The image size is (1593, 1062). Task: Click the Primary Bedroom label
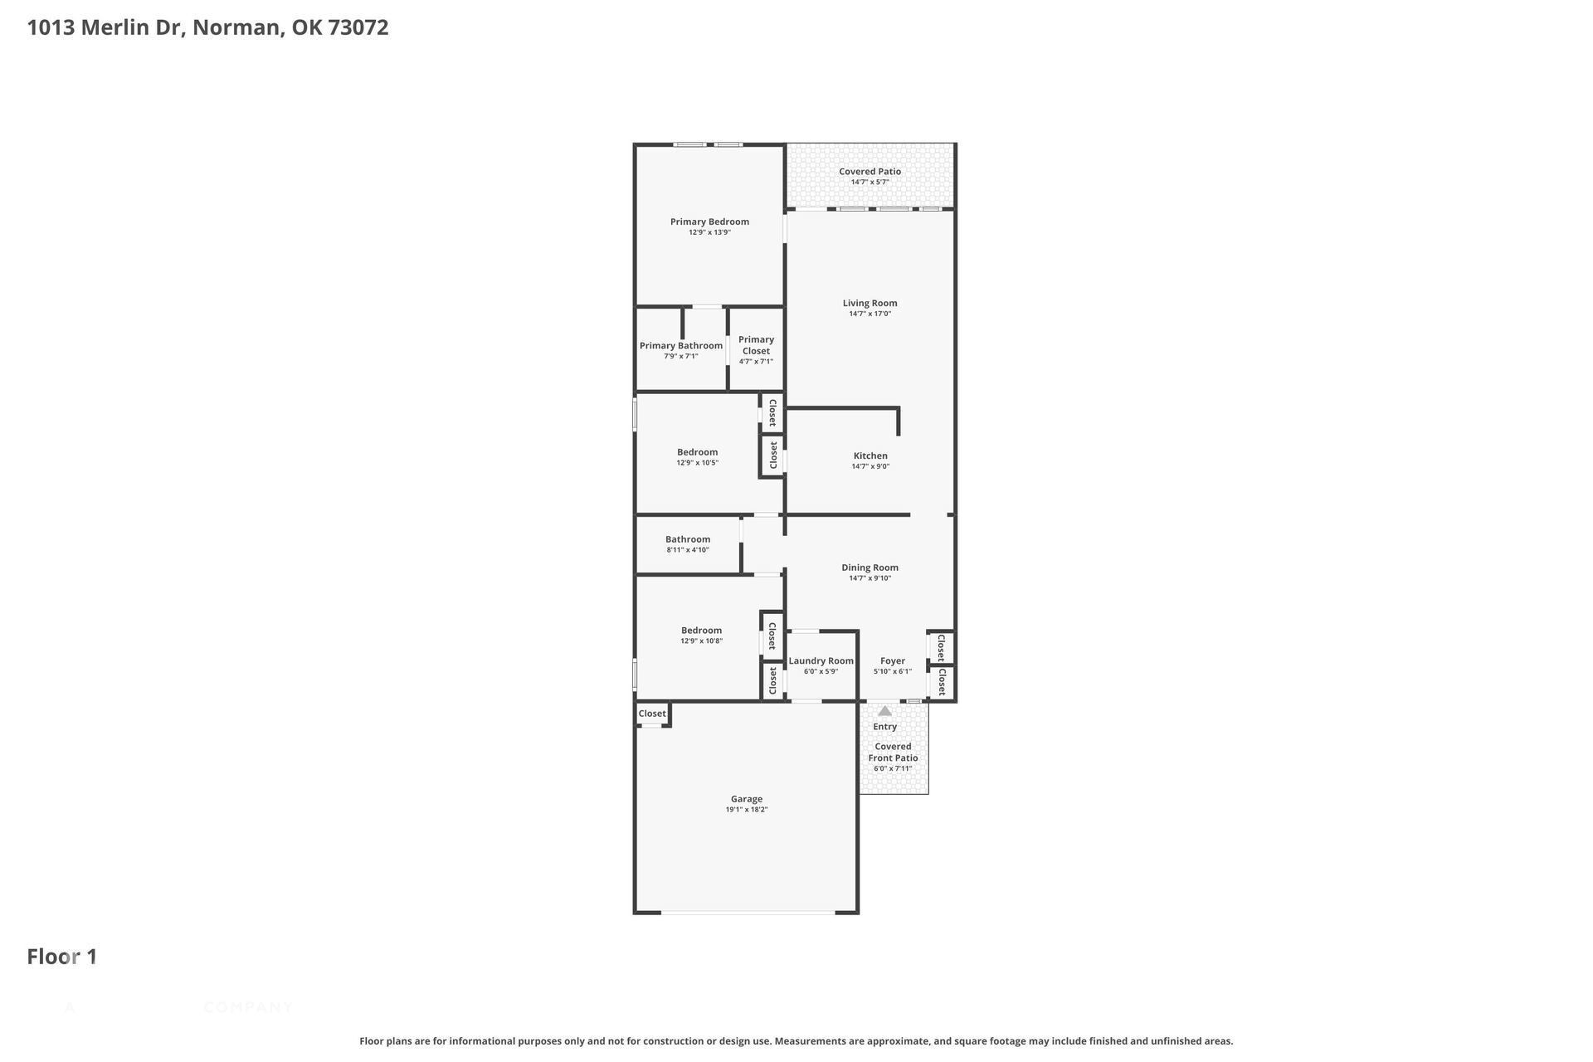tap(709, 222)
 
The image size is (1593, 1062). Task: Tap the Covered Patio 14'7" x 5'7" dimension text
tap(870, 182)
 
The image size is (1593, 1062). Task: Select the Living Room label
tap(870, 303)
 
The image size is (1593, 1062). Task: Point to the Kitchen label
tap(870, 455)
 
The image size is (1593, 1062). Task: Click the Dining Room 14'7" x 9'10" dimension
tap(870, 578)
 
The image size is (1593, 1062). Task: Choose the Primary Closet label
tap(756, 345)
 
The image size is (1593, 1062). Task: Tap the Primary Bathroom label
tap(680, 345)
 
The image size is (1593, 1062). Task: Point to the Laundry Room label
tap(821, 660)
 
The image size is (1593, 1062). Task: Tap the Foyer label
tap(892, 660)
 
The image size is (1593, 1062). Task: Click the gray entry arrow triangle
tap(884, 711)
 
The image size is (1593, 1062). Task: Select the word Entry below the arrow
tap(884, 726)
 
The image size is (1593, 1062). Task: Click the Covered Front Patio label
tap(893, 752)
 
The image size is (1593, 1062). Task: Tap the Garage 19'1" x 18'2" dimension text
tap(747, 810)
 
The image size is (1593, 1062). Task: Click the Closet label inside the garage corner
tap(651, 714)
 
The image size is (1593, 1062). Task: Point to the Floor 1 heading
tap(62, 957)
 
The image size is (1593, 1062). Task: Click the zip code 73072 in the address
tap(358, 27)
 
